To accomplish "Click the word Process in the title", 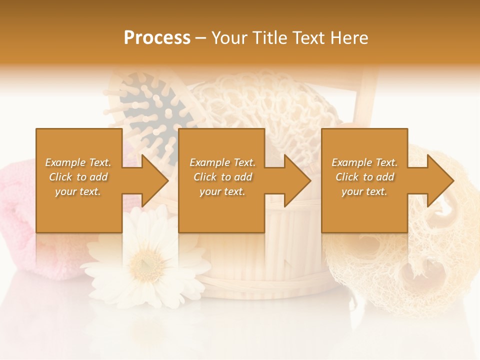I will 157,38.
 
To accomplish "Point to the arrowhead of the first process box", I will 155,180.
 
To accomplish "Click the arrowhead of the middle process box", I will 297,180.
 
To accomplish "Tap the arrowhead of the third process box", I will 440,180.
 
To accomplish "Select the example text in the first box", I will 78,177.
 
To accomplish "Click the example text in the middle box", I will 222,177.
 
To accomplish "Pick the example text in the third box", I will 364,177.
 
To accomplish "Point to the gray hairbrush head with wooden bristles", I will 150,107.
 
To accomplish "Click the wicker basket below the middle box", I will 260,260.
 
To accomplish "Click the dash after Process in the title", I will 200,38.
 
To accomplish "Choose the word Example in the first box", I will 65,162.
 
